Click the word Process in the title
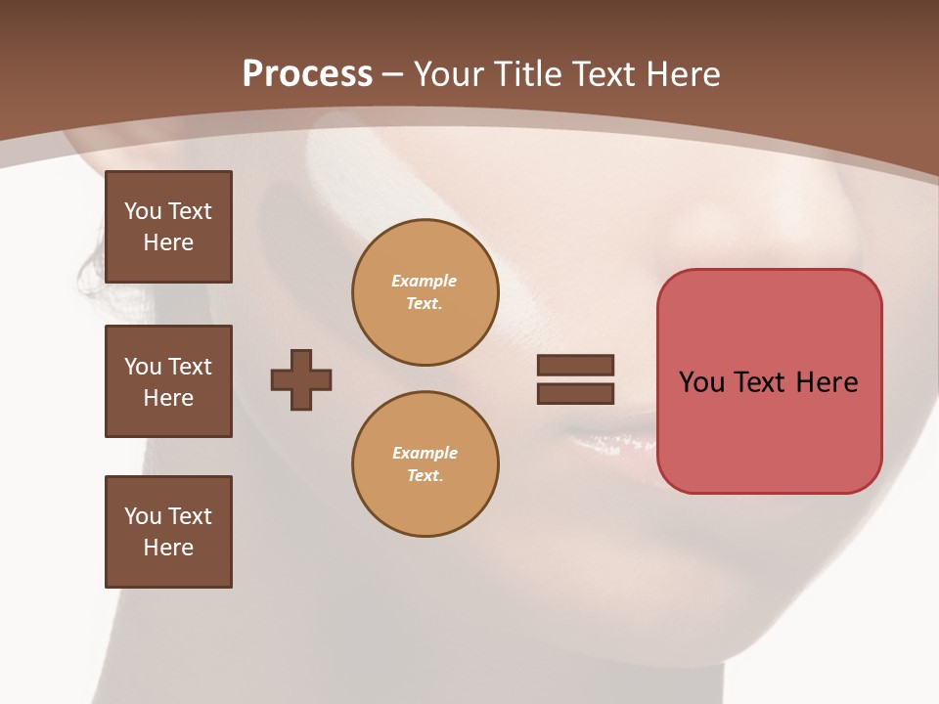tap(307, 74)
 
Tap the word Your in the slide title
tap(451, 74)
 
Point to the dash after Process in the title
tap(392, 75)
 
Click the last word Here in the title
tap(681, 74)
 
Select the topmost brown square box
tap(168, 227)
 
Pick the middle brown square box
tap(168, 381)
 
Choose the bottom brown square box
tap(168, 532)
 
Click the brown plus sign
tap(301, 379)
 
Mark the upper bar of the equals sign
tap(575, 365)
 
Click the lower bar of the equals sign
tap(575, 394)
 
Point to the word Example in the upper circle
tap(424, 281)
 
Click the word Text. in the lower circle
tap(425, 476)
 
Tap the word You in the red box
tap(701, 382)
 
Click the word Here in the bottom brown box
tap(168, 548)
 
